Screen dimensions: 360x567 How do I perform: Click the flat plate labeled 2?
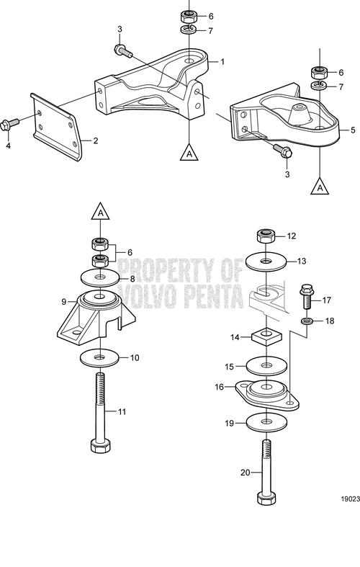[57, 127]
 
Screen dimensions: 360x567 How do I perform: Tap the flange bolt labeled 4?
[10, 124]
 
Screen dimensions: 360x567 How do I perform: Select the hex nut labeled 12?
[266, 236]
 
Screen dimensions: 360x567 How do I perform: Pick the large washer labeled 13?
[266, 261]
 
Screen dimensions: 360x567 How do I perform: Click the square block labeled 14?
[266, 336]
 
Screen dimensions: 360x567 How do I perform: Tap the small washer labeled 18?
[307, 321]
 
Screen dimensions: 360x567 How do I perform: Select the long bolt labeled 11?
[100, 413]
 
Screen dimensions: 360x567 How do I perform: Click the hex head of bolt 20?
[266, 498]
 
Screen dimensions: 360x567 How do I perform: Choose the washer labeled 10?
[100, 358]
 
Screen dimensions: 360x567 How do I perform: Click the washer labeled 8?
[100, 277]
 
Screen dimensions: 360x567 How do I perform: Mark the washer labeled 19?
[266, 422]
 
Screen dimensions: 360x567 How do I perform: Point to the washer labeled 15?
[266, 366]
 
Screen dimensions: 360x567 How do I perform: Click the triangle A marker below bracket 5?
[320, 185]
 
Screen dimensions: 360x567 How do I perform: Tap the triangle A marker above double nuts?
[101, 212]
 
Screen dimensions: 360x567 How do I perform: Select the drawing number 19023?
[350, 499]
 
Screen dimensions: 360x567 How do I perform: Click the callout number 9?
[63, 301]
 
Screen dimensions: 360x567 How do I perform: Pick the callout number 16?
[220, 387]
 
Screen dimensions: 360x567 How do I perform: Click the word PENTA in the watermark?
[214, 296]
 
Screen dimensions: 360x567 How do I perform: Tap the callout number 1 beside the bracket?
[222, 62]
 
